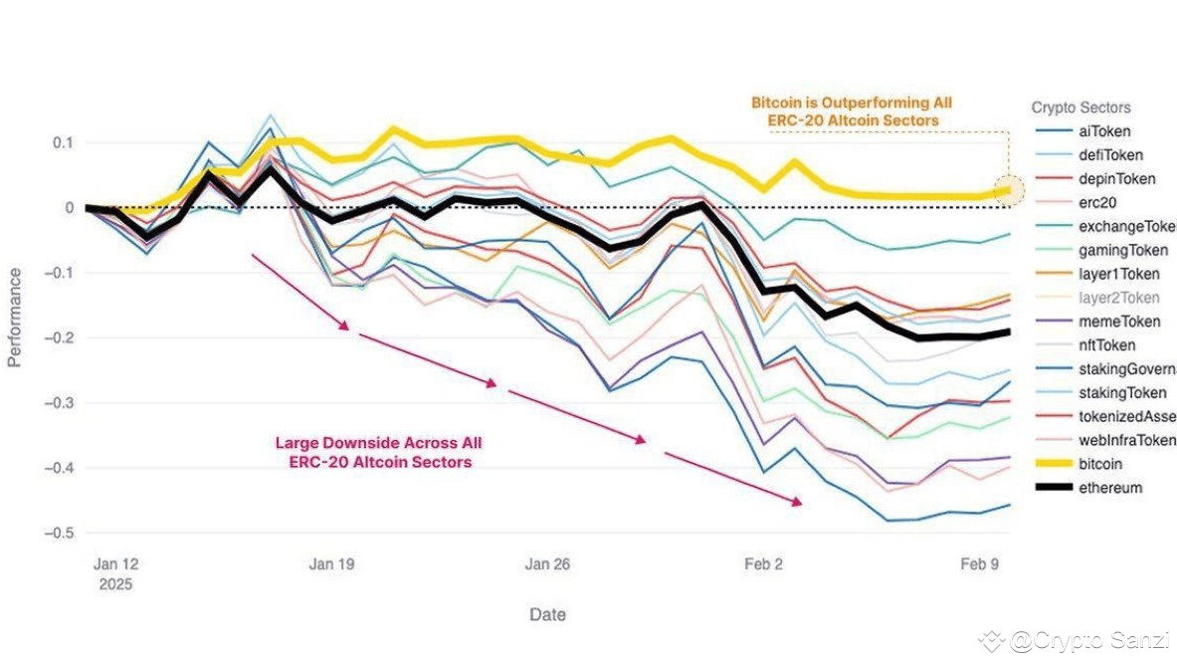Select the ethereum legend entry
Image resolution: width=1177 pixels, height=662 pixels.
coord(1109,488)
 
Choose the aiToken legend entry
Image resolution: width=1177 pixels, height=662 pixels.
coord(1104,131)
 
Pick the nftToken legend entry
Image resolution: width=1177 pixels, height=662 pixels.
coord(1106,345)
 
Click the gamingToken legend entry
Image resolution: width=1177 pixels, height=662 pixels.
coord(1121,251)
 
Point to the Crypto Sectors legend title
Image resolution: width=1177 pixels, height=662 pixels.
coord(1080,108)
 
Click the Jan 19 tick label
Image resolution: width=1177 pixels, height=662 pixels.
coord(332,563)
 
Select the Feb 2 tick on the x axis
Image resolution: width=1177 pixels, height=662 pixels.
coord(763,563)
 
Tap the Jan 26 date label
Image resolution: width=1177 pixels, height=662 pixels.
coord(547,563)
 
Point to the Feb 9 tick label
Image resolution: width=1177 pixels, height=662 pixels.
coord(979,563)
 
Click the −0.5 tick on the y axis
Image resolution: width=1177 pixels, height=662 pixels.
coord(61,533)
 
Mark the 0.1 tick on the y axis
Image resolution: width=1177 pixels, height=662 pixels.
coord(64,142)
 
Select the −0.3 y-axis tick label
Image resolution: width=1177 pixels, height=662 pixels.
coord(61,403)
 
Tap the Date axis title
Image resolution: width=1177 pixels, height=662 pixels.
coord(547,614)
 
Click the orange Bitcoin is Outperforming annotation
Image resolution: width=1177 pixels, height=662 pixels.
coord(852,111)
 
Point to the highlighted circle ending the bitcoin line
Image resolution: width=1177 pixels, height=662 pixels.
coord(1009,190)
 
